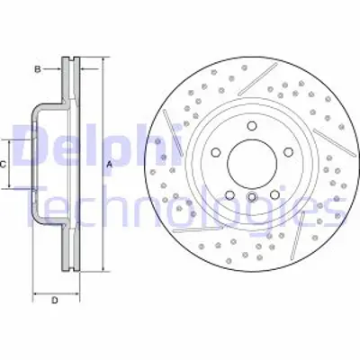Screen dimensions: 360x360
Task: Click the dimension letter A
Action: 109,164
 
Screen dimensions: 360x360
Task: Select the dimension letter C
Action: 4,164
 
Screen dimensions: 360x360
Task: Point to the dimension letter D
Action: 54,300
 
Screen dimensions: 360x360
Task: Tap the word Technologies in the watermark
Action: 180,205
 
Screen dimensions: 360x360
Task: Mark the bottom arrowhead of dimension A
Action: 103,266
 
